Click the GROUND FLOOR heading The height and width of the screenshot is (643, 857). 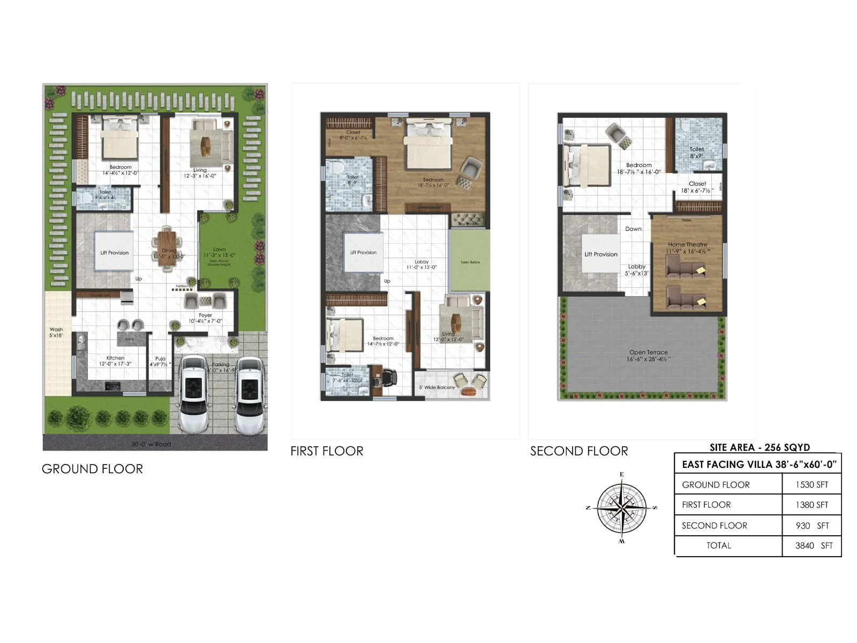(92, 469)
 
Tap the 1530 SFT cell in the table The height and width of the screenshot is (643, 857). (811, 484)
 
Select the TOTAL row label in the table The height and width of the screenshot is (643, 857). (718, 545)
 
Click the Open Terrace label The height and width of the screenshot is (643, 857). (648, 353)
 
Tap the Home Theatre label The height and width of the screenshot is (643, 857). (687, 244)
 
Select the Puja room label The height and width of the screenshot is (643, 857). (160, 358)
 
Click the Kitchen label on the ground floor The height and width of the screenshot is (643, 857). (115, 358)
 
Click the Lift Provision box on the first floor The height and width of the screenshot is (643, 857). (363, 252)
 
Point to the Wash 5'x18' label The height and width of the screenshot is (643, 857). (56, 332)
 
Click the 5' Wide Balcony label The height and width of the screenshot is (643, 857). (437, 387)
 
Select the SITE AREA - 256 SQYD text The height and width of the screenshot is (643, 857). (760, 447)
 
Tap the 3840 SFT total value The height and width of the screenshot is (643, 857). (814, 545)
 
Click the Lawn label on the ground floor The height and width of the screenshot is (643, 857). (219, 250)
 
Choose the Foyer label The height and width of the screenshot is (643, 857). (205, 316)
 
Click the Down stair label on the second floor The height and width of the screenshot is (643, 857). (633, 229)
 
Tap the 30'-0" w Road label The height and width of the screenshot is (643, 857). (151, 444)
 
